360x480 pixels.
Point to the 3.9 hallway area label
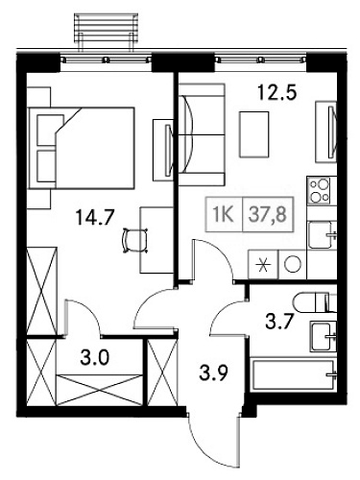(213, 371)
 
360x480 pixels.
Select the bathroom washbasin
(324, 336)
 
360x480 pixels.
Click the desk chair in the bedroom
(131, 237)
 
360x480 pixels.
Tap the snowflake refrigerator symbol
(261, 263)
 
